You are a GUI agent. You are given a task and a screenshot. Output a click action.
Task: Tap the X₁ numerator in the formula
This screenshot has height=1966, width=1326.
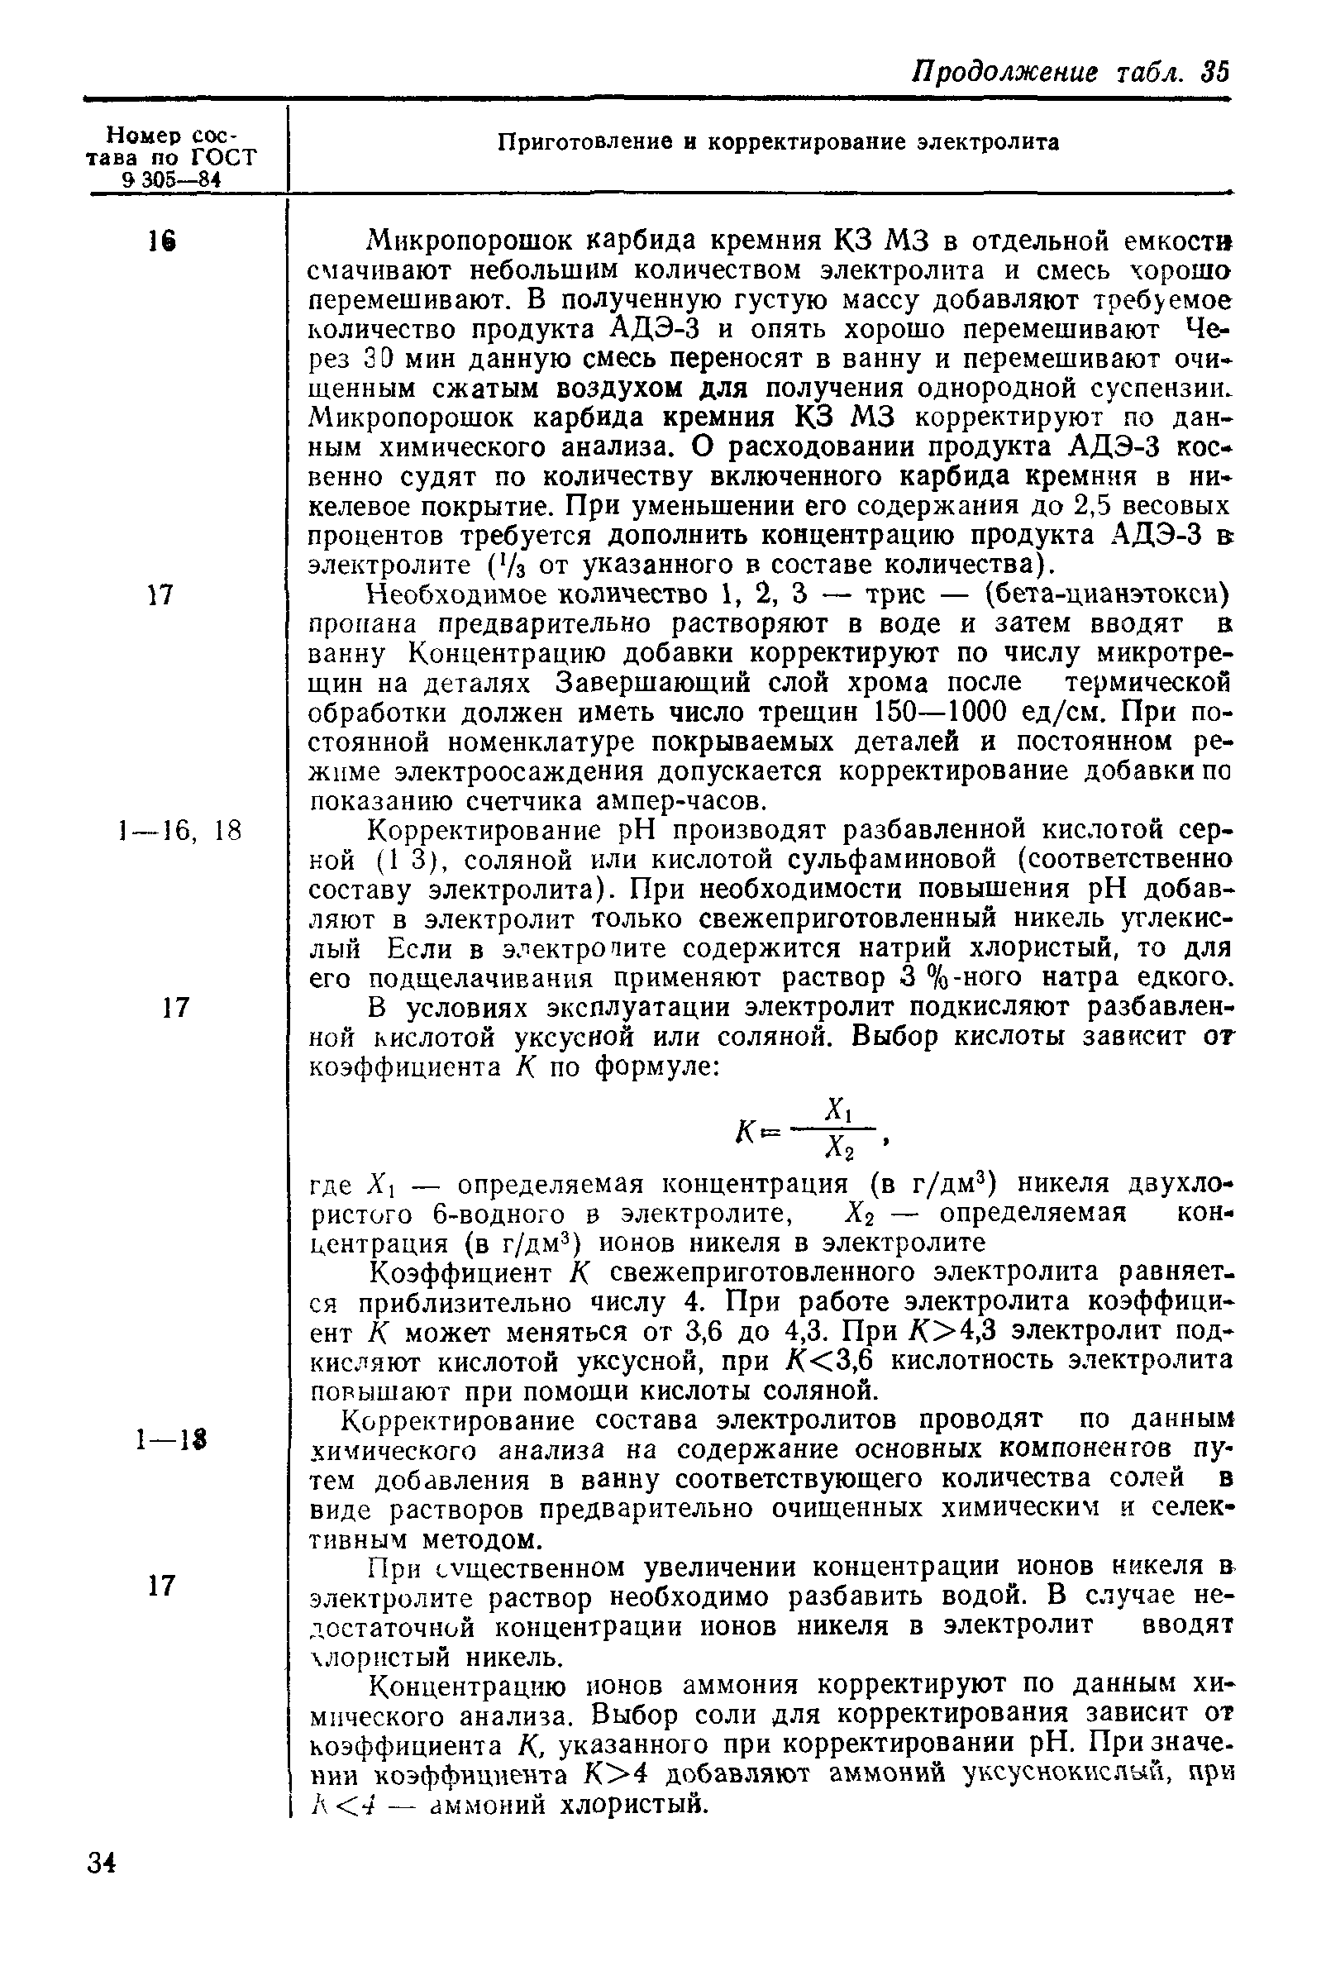[837, 1107]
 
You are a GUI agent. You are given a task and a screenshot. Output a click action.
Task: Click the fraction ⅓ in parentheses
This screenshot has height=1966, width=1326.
[501, 565]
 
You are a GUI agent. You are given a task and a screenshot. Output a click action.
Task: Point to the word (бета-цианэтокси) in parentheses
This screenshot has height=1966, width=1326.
[1107, 594]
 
